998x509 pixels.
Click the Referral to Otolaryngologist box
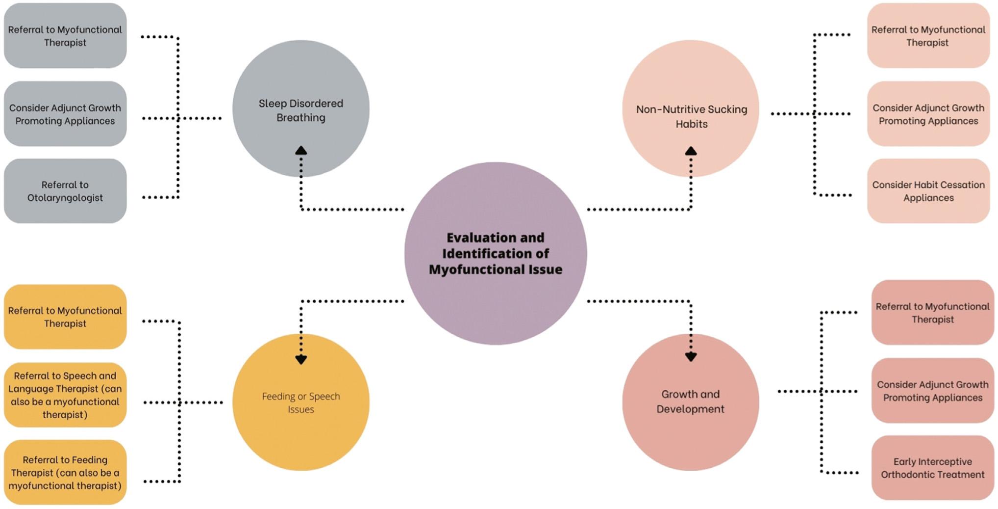[x=65, y=191]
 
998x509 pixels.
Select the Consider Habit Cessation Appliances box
[x=928, y=191]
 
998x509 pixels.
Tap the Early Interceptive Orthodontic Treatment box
[x=932, y=468]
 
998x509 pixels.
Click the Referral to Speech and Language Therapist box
[x=65, y=395]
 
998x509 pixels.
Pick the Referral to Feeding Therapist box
[x=65, y=472]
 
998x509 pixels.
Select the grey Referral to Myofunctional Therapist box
[x=65, y=36]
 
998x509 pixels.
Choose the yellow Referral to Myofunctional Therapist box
[x=65, y=317]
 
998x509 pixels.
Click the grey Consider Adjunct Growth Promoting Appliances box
[x=65, y=114]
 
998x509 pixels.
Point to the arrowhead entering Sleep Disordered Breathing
[x=301, y=151]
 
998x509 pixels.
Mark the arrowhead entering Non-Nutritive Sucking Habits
[x=691, y=151]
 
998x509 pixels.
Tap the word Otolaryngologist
[x=65, y=198]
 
